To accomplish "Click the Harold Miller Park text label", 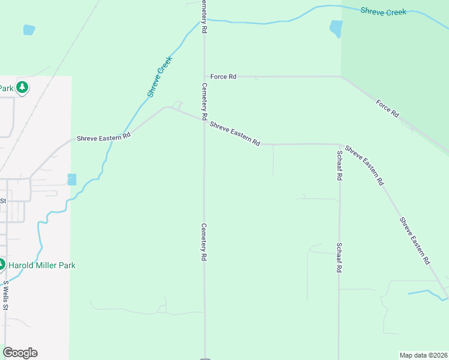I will point(42,265).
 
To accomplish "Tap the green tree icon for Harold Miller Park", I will point(1,265).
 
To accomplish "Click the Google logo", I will point(20,353).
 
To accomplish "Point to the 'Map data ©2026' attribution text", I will point(423,355).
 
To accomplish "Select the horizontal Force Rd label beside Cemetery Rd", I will point(223,77).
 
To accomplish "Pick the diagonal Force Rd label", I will point(387,108).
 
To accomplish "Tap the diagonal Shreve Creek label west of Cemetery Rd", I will point(160,77).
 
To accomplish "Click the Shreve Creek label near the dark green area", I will point(383,11).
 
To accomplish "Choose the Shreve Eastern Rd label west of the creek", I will point(103,137).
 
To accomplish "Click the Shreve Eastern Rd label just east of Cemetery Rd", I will point(235,133).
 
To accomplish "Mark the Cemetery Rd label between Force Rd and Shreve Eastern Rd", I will point(204,100).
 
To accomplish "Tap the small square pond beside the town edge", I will point(72,179).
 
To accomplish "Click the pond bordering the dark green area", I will point(336,28).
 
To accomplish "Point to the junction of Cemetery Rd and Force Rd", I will point(204,77).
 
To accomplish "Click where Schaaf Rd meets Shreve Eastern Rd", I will point(340,145).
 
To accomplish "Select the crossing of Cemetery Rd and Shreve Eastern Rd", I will point(204,120).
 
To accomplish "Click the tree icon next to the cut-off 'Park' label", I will point(22,88).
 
